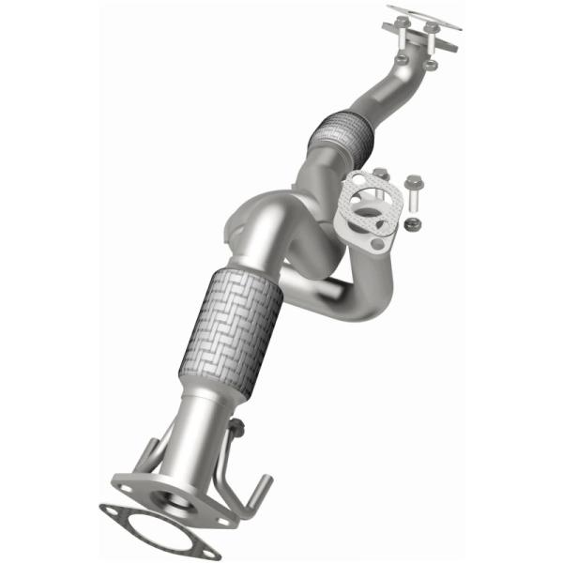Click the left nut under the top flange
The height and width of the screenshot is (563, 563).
pyautogui.click(x=402, y=58)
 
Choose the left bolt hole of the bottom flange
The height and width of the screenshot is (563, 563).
pyautogui.click(x=128, y=487)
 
